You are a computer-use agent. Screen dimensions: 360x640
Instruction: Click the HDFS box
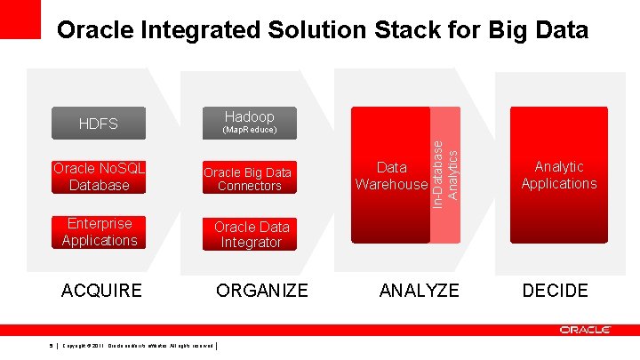[99, 124]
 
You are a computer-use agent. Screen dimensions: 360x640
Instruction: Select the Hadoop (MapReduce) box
[249, 123]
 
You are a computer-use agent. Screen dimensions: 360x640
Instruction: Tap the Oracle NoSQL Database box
[99, 177]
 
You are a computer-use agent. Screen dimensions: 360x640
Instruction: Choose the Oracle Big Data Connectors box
[249, 179]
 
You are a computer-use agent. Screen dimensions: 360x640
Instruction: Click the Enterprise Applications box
[99, 232]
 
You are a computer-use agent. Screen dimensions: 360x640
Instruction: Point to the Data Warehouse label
[391, 175]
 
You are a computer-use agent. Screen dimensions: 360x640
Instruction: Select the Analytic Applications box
[558, 174]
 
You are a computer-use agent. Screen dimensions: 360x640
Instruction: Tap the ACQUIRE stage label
[100, 290]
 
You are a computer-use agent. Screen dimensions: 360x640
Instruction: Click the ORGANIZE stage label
[262, 290]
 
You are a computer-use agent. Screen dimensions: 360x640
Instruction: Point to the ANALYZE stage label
[419, 290]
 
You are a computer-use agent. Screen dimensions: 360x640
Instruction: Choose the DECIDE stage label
[555, 290]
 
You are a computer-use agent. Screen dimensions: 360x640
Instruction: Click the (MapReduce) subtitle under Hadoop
[249, 131]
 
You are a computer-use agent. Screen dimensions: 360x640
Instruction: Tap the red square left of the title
[20, 19]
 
